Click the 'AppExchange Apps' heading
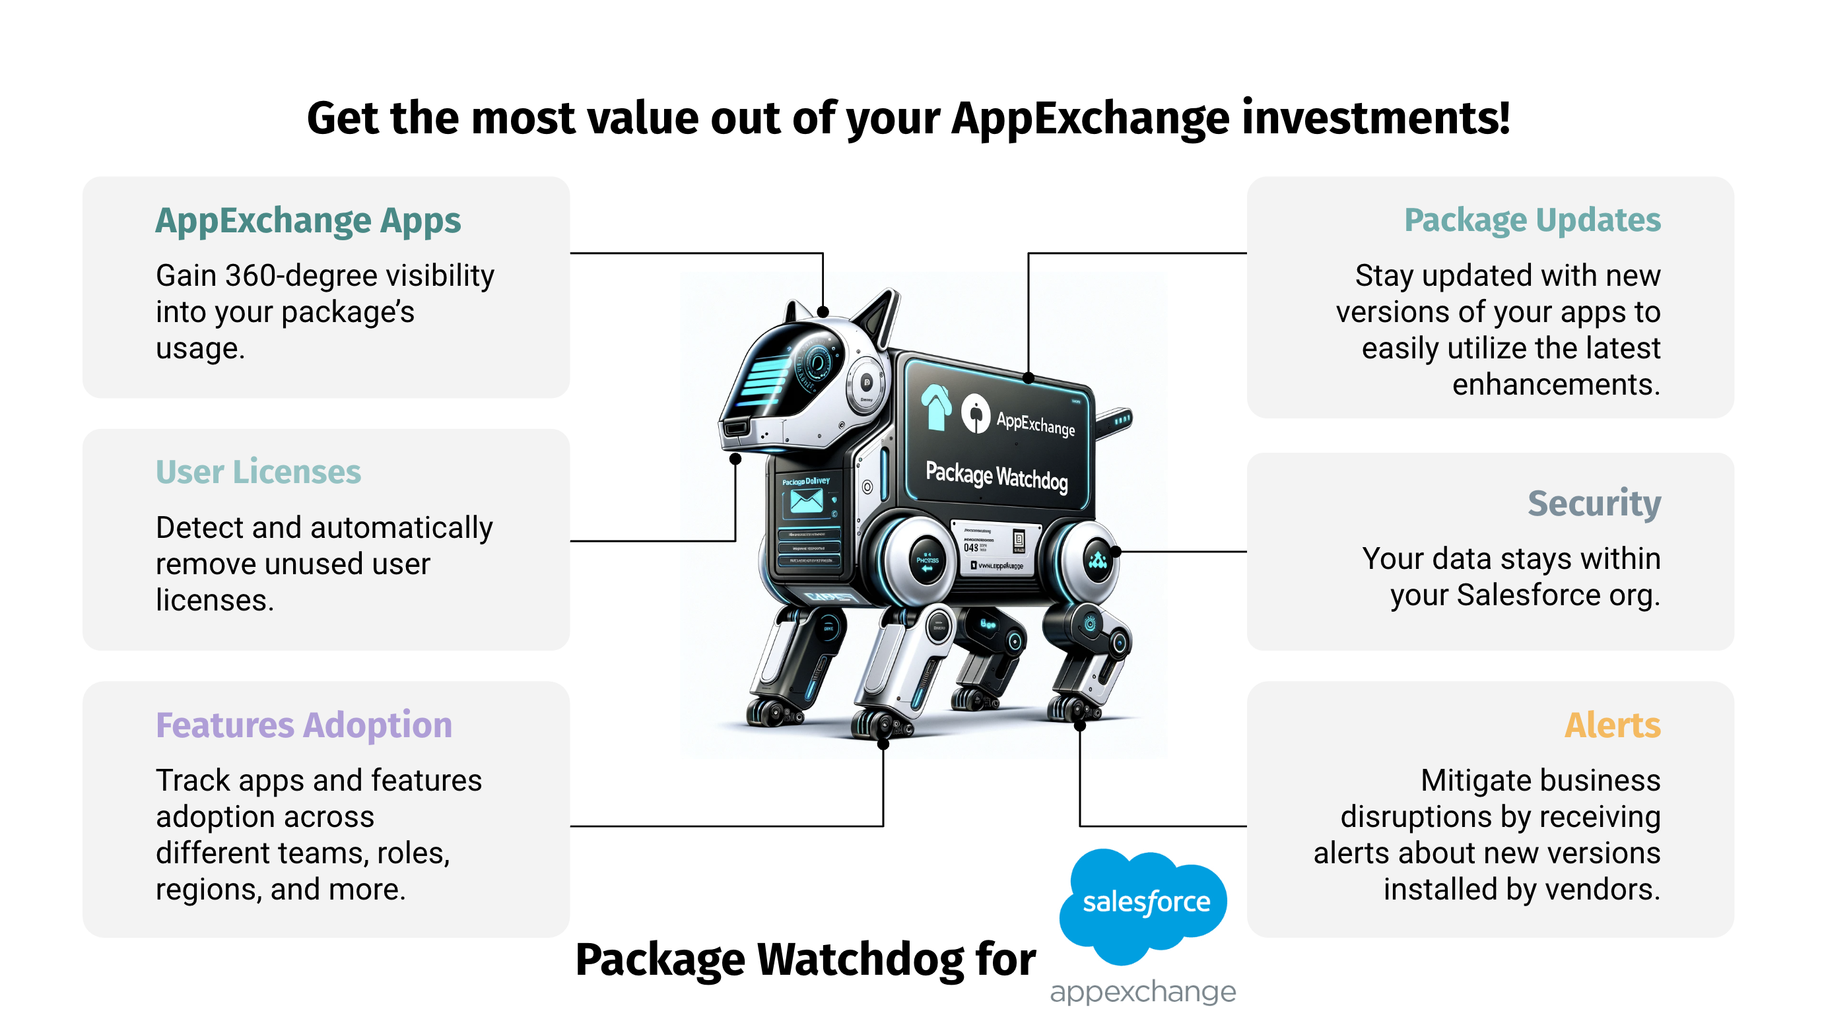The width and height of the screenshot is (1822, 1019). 308,221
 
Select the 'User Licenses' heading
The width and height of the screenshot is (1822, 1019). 258,473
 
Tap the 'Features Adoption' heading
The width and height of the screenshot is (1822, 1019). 304,725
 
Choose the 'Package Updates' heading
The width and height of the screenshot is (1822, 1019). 1532,220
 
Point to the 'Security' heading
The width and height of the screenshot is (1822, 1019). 1594,504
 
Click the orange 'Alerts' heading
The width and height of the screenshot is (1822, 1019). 1612,725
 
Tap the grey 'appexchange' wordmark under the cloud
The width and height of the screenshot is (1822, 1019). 1142,991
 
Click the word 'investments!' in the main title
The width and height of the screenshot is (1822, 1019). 1376,118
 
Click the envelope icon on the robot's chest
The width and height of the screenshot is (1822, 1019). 806,502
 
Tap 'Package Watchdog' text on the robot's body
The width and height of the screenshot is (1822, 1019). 996,476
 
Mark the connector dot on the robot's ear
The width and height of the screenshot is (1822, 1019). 823,312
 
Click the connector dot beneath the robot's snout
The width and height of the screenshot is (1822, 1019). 735,459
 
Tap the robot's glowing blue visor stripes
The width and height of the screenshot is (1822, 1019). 764,383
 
